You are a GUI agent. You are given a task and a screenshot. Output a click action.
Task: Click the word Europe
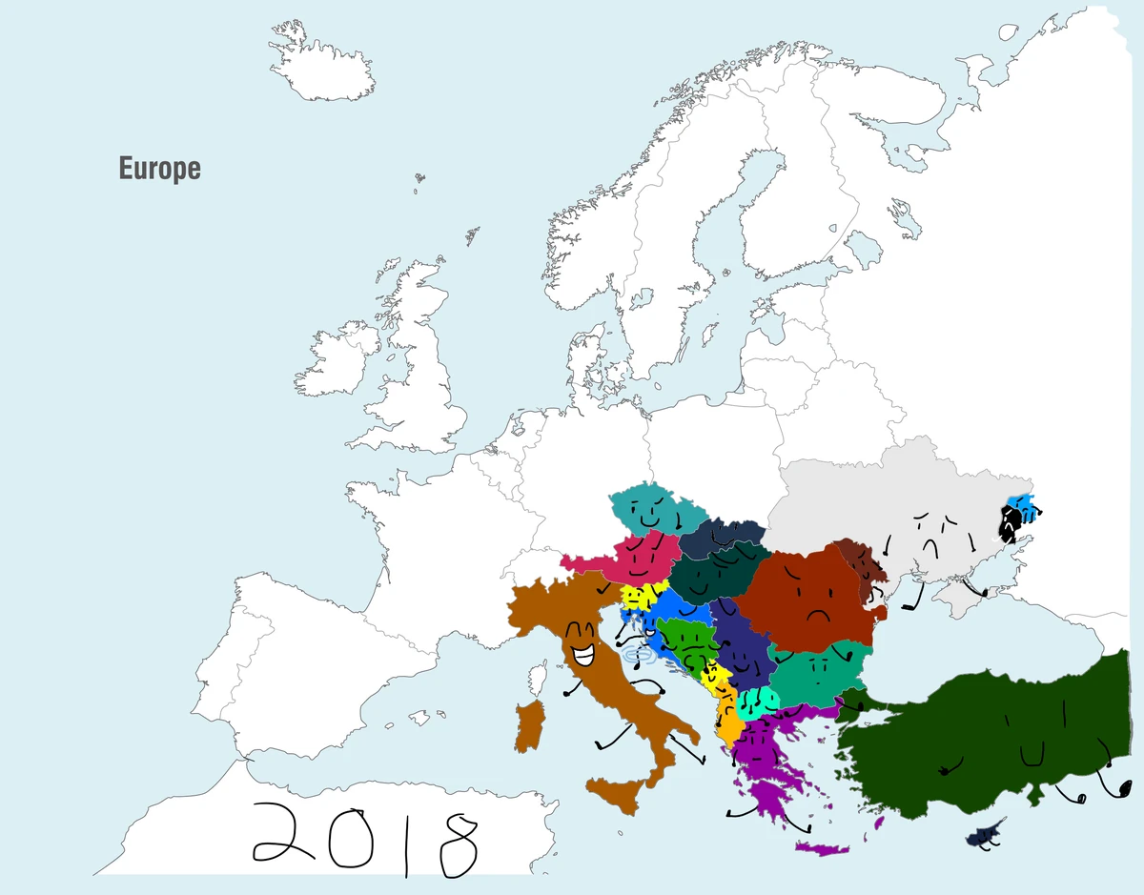(x=159, y=169)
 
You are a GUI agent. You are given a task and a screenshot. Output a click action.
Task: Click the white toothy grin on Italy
(x=582, y=656)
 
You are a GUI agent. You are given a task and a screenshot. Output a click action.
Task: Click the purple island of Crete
(x=821, y=847)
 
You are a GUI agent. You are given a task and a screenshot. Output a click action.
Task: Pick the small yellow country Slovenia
(x=638, y=597)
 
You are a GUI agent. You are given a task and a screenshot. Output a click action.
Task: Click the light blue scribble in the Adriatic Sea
(x=635, y=656)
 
